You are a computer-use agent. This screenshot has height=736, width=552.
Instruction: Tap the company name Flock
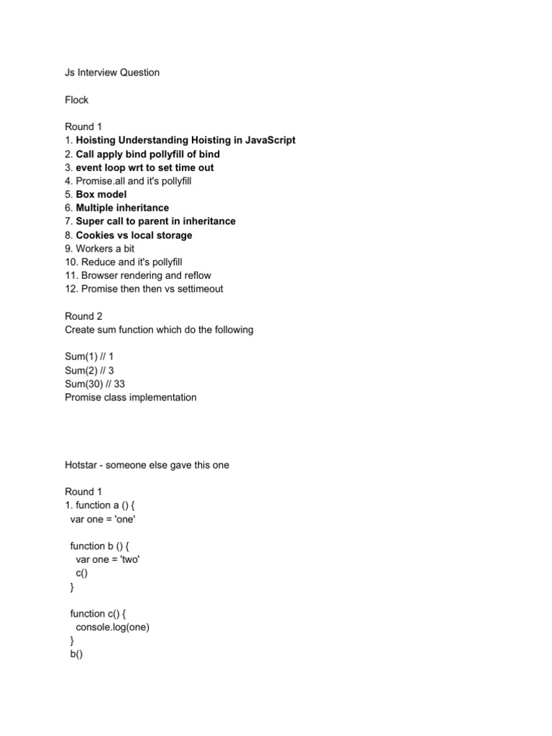coord(76,100)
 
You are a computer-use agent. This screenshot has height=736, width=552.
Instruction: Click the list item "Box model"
coord(101,194)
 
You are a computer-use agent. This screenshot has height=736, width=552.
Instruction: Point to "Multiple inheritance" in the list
coord(122,208)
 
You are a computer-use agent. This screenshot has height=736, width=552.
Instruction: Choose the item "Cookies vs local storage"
coord(134,235)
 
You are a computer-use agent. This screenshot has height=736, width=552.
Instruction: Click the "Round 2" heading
coord(84,316)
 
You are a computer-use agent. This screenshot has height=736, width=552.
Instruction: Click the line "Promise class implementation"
coord(130,397)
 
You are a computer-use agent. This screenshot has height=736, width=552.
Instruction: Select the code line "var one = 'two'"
coord(107,559)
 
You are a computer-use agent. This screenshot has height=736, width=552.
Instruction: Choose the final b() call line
coord(77,654)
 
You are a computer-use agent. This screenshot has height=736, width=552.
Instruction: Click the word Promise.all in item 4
coord(101,181)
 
